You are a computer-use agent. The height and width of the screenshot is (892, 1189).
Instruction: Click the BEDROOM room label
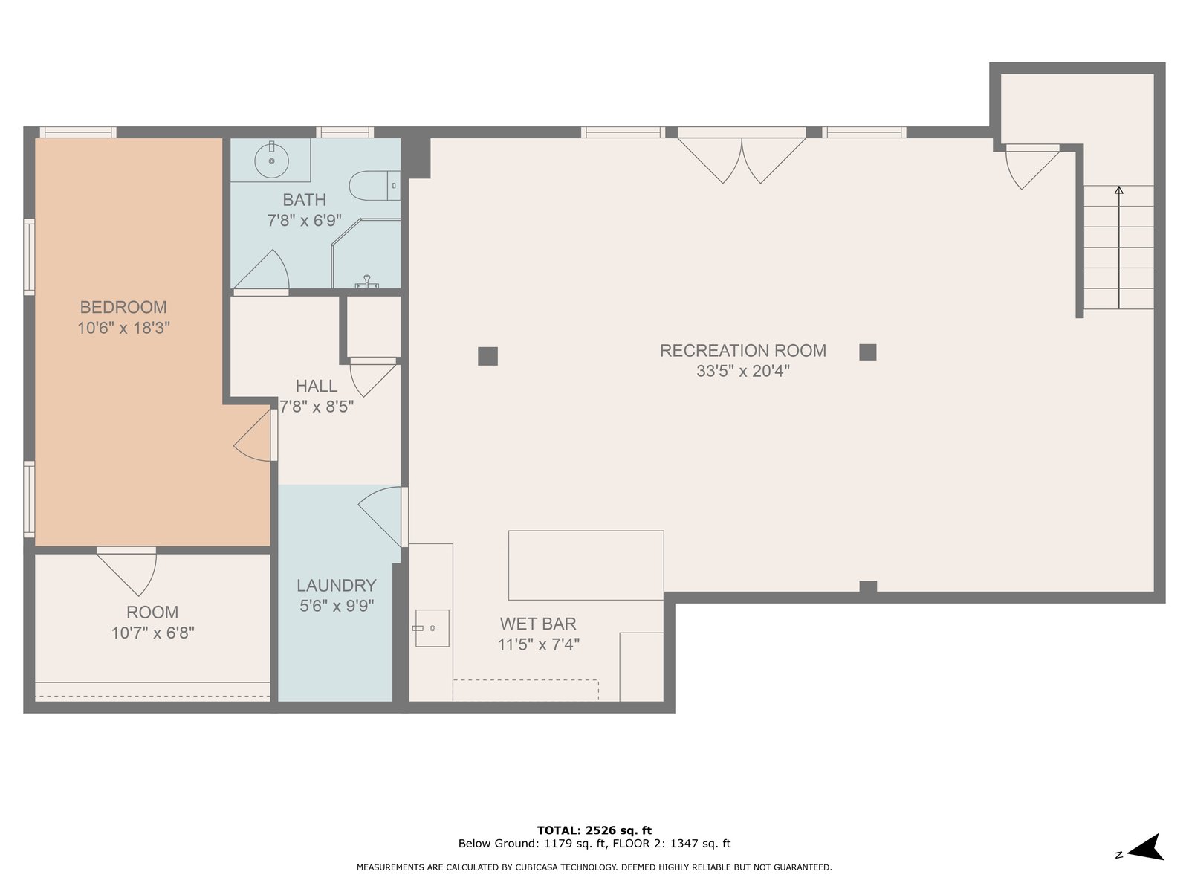tap(123, 307)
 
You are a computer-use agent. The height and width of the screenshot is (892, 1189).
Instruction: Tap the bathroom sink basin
tap(271, 161)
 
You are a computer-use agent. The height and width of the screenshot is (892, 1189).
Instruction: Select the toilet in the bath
tap(375, 186)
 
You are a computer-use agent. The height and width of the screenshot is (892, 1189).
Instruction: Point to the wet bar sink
tap(432, 628)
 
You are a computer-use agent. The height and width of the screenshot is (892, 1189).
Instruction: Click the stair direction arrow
tap(1118, 248)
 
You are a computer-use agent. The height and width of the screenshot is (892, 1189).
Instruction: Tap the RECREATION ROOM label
tap(742, 350)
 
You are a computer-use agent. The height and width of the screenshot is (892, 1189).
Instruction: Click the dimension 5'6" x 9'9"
tap(337, 606)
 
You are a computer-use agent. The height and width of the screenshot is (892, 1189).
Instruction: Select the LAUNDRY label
tap(337, 586)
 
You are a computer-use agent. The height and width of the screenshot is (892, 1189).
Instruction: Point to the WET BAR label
tap(538, 624)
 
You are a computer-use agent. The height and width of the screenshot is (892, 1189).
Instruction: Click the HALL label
tap(317, 386)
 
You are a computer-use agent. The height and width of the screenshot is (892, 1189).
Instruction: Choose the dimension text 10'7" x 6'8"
tap(153, 633)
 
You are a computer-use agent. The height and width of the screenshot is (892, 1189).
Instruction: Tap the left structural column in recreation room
tap(487, 356)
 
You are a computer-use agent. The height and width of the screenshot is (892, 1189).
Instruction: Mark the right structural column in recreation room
tap(868, 352)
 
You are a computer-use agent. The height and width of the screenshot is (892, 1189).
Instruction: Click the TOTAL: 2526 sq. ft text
tap(594, 830)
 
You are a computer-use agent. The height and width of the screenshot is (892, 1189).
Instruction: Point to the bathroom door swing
tap(261, 271)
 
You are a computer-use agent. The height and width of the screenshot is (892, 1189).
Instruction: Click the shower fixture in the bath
tap(366, 253)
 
